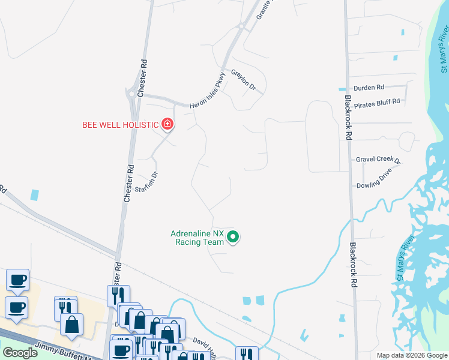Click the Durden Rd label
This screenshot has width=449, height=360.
coord(369,88)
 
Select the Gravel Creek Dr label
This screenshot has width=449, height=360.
coord(378,160)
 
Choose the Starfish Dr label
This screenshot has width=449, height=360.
coord(146,181)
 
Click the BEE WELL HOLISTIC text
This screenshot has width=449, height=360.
coord(120,125)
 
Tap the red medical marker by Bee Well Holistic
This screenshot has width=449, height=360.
coord(167,125)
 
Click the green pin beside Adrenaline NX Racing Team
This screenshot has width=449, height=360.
coord(234,238)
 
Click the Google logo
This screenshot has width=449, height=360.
coord(20,353)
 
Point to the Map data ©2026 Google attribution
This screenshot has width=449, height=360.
coord(412,355)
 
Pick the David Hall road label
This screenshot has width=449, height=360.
coord(204,342)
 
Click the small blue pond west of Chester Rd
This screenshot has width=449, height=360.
coord(35,195)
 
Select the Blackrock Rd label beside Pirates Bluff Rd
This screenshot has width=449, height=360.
coord(348,118)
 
